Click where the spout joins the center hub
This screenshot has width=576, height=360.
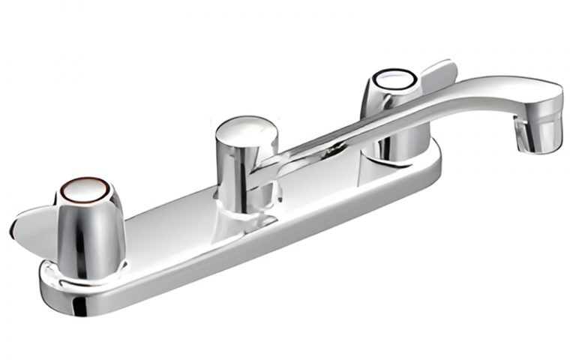pyautogui.click(x=274, y=161)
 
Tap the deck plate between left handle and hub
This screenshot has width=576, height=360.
pyautogui.click(x=161, y=225)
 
